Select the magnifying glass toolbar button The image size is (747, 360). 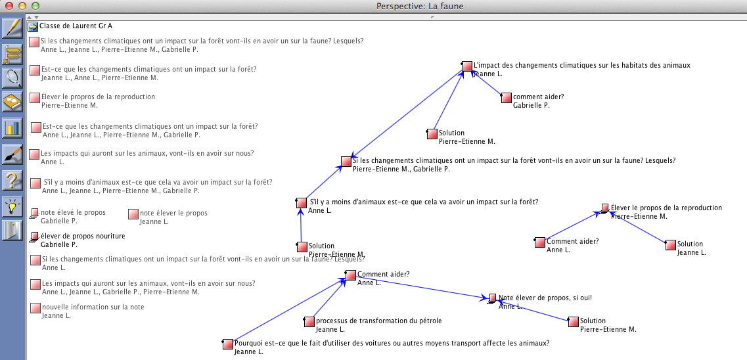[x=12, y=78]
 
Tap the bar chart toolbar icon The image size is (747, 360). [x=12, y=127]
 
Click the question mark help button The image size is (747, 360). [x=12, y=179]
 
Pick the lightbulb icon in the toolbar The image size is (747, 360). [x=12, y=205]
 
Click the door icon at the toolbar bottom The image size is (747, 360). [x=12, y=230]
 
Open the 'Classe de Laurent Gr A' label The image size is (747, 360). [x=76, y=26]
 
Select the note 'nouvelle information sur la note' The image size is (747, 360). [x=92, y=307]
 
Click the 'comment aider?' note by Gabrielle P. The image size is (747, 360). [x=538, y=97]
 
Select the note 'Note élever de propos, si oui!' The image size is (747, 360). [x=545, y=298]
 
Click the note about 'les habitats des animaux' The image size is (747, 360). [x=581, y=65]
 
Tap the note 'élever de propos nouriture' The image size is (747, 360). [x=82, y=236]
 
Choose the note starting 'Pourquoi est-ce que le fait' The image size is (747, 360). [x=392, y=343]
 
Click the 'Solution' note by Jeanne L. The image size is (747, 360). [x=690, y=244]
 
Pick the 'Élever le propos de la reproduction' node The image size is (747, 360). [x=666, y=208]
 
